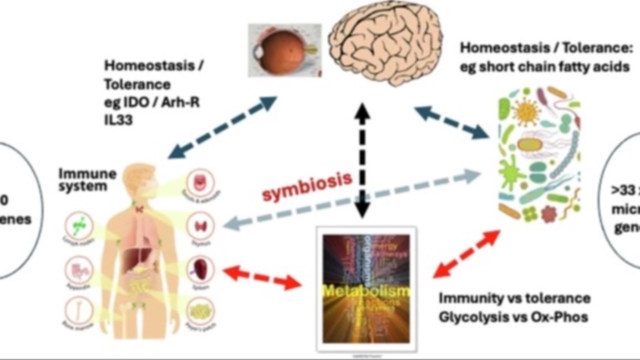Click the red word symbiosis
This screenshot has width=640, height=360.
click(307, 186)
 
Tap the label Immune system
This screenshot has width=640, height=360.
click(87, 179)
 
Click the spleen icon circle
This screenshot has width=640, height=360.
click(200, 269)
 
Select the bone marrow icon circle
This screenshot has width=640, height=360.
click(79, 310)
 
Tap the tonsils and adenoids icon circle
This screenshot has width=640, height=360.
click(200, 183)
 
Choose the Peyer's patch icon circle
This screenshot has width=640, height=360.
click(200, 311)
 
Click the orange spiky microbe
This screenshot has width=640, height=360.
click(526, 111)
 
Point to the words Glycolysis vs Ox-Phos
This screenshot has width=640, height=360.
click(513, 317)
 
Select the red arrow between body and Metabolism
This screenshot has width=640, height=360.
click(262, 278)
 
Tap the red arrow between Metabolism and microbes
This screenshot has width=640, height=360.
click(466, 254)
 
